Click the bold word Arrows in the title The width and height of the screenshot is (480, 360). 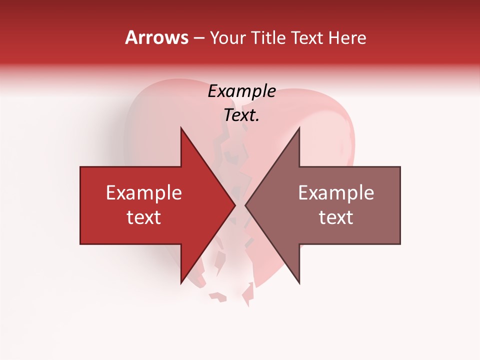156,37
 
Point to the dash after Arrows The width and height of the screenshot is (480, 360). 198,38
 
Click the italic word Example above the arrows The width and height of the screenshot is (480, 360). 241,91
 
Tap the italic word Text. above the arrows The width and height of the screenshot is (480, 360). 241,115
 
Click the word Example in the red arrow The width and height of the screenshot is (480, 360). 143,193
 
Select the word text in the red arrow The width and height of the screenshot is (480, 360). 143,217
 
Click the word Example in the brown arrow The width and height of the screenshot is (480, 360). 336,193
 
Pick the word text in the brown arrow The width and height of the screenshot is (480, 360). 336,217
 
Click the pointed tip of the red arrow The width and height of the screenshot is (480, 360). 235,205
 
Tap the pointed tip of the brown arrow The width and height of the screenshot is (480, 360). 245,205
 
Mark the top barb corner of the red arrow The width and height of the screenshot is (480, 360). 181,128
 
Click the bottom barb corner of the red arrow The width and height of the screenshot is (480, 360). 181,283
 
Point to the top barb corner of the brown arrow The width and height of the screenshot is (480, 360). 299,128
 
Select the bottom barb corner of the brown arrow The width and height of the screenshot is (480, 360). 299,283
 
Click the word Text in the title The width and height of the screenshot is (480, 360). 308,38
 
